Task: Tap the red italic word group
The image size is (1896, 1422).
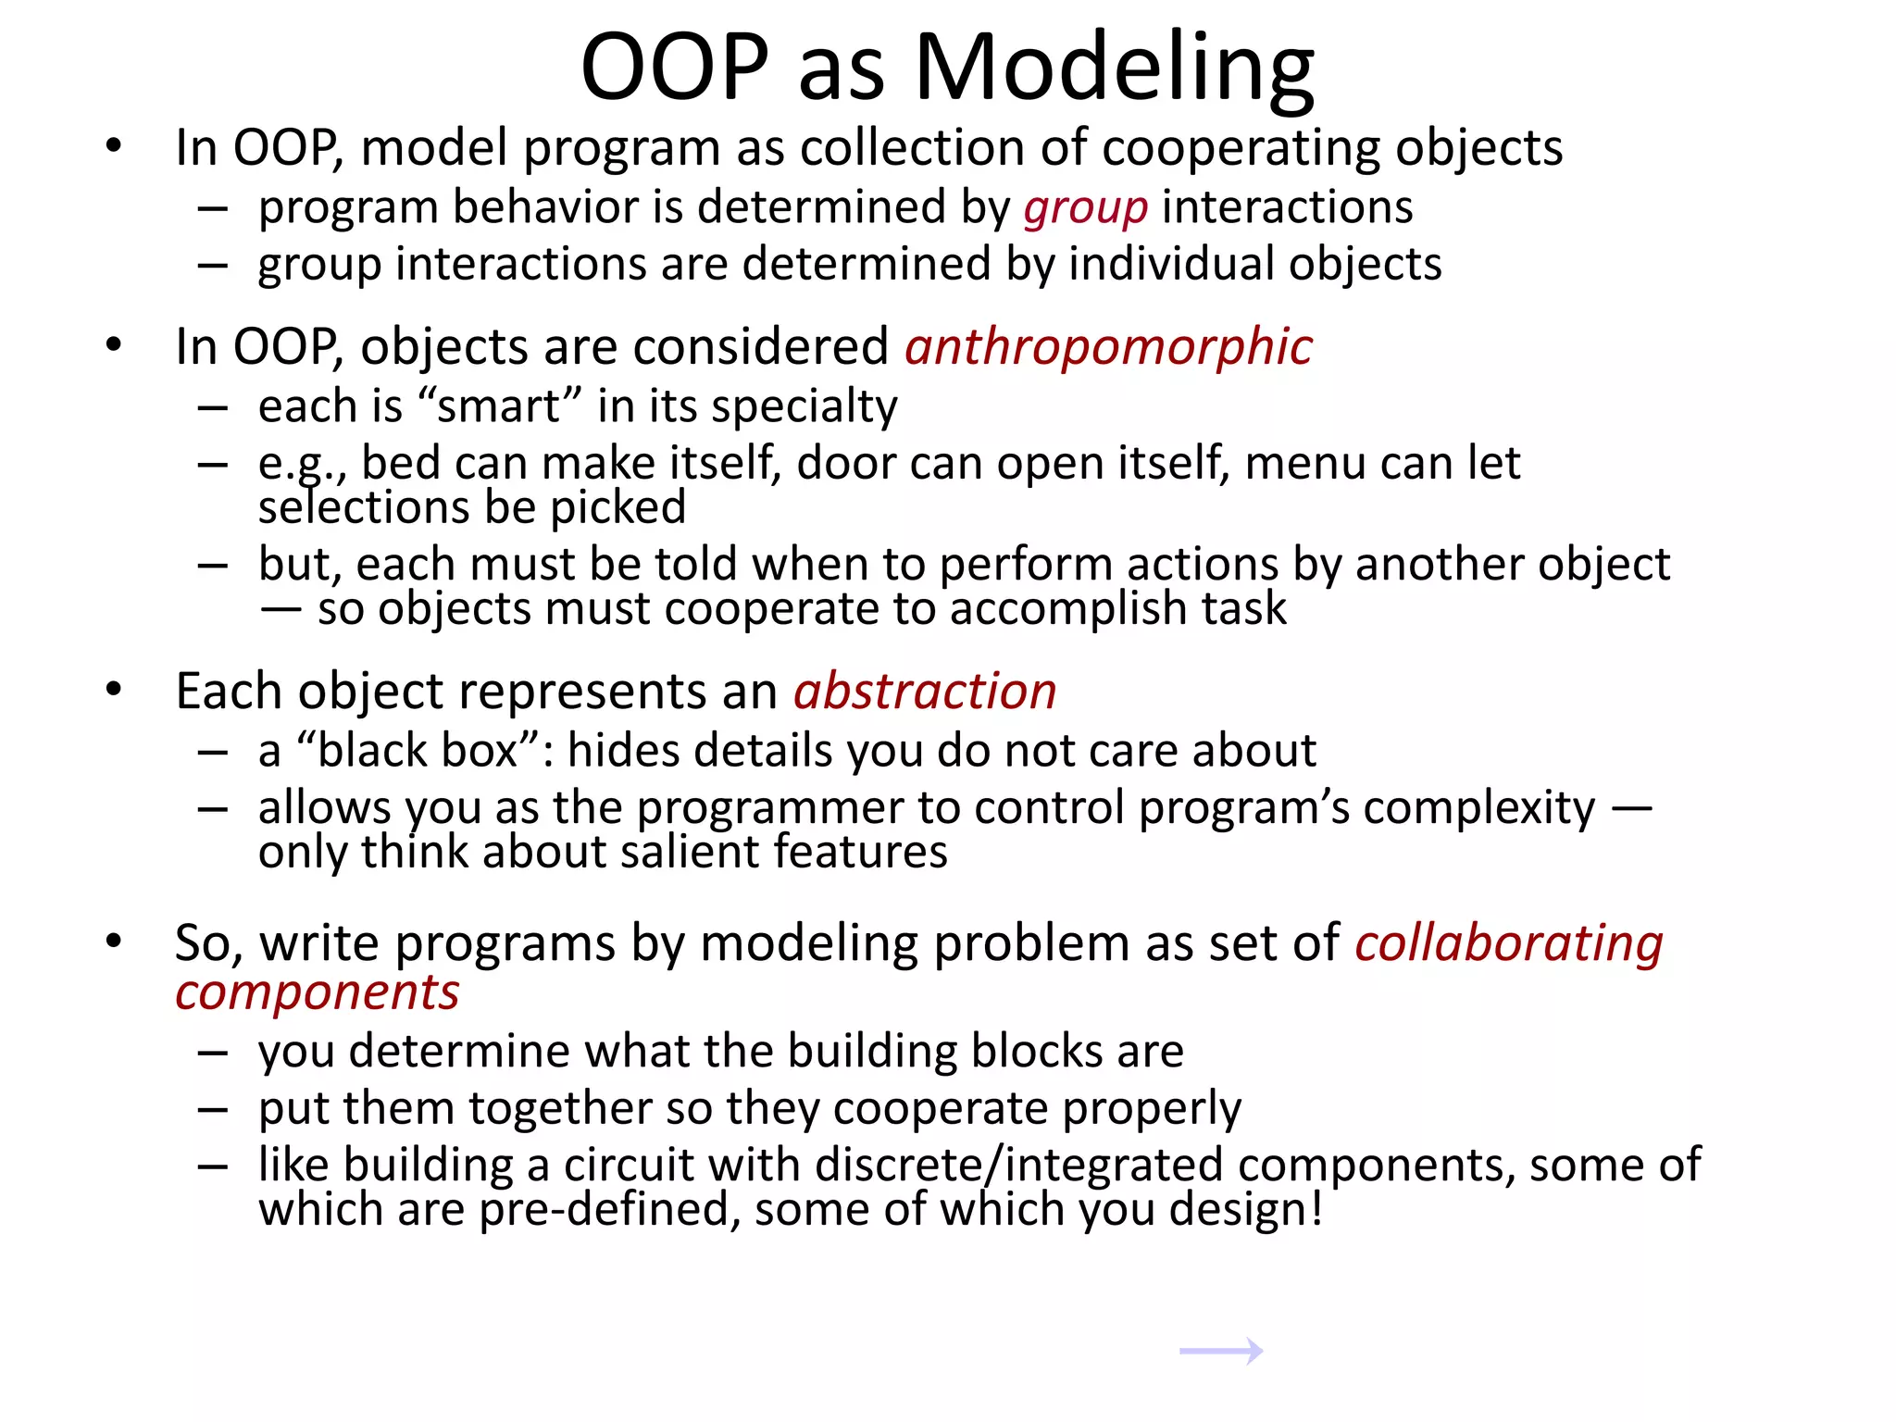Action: pyautogui.click(x=1085, y=207)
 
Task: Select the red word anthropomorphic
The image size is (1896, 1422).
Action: pyautogui.click(x=1108, y=347)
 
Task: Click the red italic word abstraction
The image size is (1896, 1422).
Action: pyautogui.click(x=925, y=692)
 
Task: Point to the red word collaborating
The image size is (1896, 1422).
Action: pyautogui.click(x=1509, y=943)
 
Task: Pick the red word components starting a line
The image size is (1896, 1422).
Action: pyautogui.click(x=317, y=992)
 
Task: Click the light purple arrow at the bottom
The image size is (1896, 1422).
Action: pyautogui.click(x=1221, y=1351)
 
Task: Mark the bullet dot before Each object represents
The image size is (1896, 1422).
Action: pyautogui.click(x=114, y=690)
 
